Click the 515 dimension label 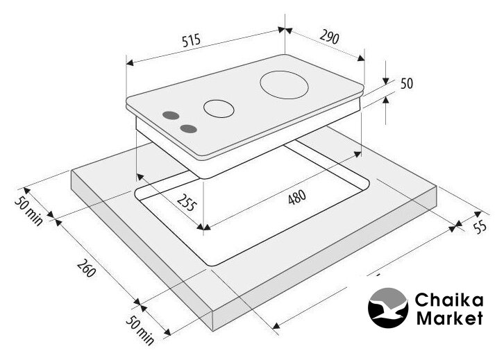[191, 40]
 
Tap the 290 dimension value [330, 37]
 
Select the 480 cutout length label [296, 197]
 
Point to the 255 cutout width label [186, 203]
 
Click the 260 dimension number [86, 268]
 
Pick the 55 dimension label [480, 226]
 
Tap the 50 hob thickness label [407, 83]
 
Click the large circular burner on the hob [284, 85]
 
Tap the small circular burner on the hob [219, 108]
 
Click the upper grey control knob [171, 115]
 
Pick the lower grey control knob [188, 129]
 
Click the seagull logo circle [388, 308]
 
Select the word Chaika [449, 300]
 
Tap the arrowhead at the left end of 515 [130, 62]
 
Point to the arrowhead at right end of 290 [361, 58]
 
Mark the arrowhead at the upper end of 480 [357, 154]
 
